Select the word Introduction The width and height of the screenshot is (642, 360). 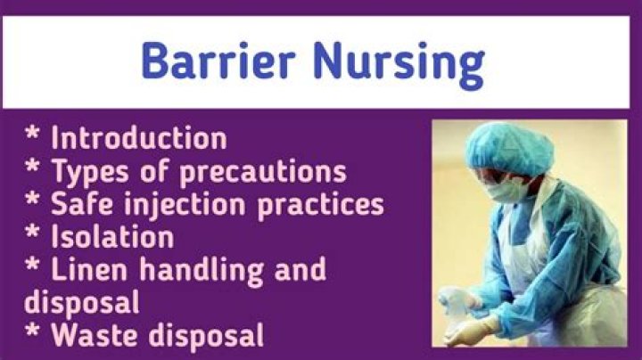pos(138,139)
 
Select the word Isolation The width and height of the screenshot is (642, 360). pos(111,237)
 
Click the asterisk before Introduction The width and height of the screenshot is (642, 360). pos(32,137)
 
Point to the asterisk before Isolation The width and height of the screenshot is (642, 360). pos(32,235)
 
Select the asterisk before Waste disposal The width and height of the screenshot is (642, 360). pos(32,333)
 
